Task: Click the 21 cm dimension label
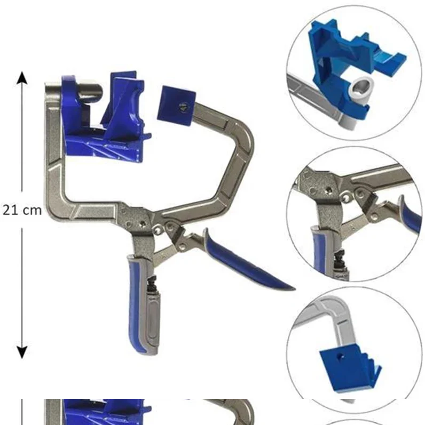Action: coord(22,210)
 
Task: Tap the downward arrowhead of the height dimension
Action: coord(22,352)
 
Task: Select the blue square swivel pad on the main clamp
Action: coord(176,106)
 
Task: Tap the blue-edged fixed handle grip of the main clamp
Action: coord(140,303)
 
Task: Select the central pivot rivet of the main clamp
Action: coord(142,223)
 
